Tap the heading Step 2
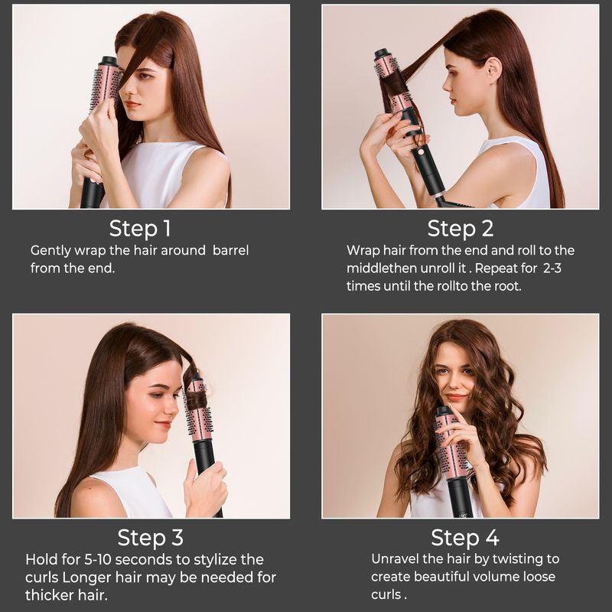461,228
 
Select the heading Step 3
151,537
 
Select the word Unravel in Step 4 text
396,559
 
